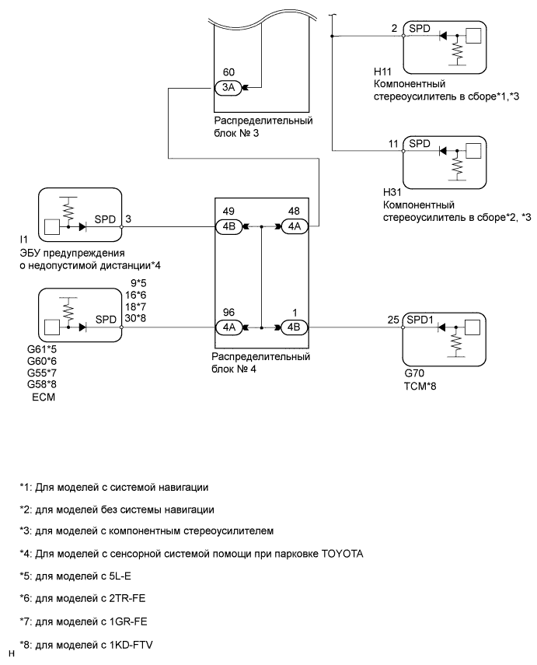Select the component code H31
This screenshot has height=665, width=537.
382,191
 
